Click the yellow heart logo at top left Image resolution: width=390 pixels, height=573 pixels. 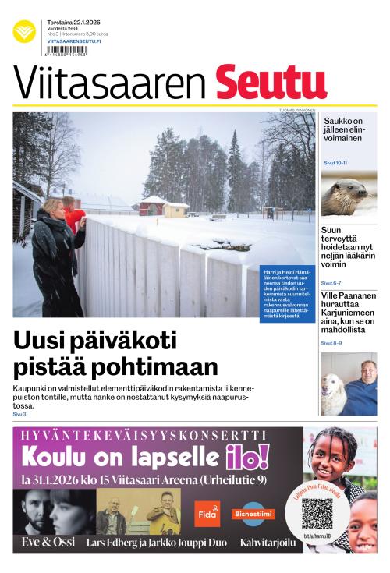[x=24, y=31]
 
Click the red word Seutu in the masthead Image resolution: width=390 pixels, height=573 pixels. [x=271, y=82]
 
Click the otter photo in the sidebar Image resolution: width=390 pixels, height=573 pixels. [x=349, y=196]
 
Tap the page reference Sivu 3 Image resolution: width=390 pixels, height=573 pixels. [x=19, y=414]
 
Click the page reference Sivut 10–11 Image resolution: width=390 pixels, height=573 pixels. [x=335, y=163]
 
